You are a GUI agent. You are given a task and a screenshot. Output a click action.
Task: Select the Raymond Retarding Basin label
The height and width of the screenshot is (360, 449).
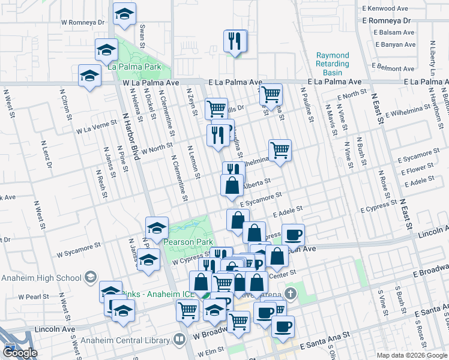click(x=333, y=64)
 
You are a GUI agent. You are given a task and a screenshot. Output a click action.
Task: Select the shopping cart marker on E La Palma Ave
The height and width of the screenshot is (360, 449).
click(x=271, y=94)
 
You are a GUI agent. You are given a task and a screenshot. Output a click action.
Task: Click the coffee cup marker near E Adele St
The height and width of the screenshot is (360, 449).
click(x=292, y=234)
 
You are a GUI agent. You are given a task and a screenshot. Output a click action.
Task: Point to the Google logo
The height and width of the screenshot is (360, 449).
click(x=20, y=353)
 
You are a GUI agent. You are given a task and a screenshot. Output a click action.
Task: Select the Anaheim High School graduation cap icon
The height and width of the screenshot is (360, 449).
click(x=90, y=277)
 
